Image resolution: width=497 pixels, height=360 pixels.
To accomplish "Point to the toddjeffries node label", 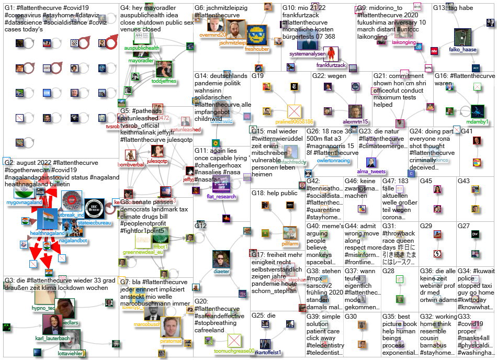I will pyautogui.click(x=164, y=81).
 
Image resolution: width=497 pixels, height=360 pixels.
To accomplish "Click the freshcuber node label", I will pyautogui.click(x=257, y=48).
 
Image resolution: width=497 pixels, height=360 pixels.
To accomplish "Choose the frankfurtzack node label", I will pyautogui.click(x=331, y=65).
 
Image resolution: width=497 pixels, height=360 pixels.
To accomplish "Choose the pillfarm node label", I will pyautogui.click(x=290, y=243).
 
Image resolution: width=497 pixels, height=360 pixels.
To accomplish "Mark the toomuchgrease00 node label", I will pyautogui.click(x=234, y=351).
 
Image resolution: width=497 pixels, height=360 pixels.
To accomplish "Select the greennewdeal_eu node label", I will pyautogui.click(x=143, y=252).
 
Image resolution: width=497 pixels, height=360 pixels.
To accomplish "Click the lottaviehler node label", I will pyautogui.click(x=66, y=353).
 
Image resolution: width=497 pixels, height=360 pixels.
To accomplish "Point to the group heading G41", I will pyautogui.click(x=467, y=130).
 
